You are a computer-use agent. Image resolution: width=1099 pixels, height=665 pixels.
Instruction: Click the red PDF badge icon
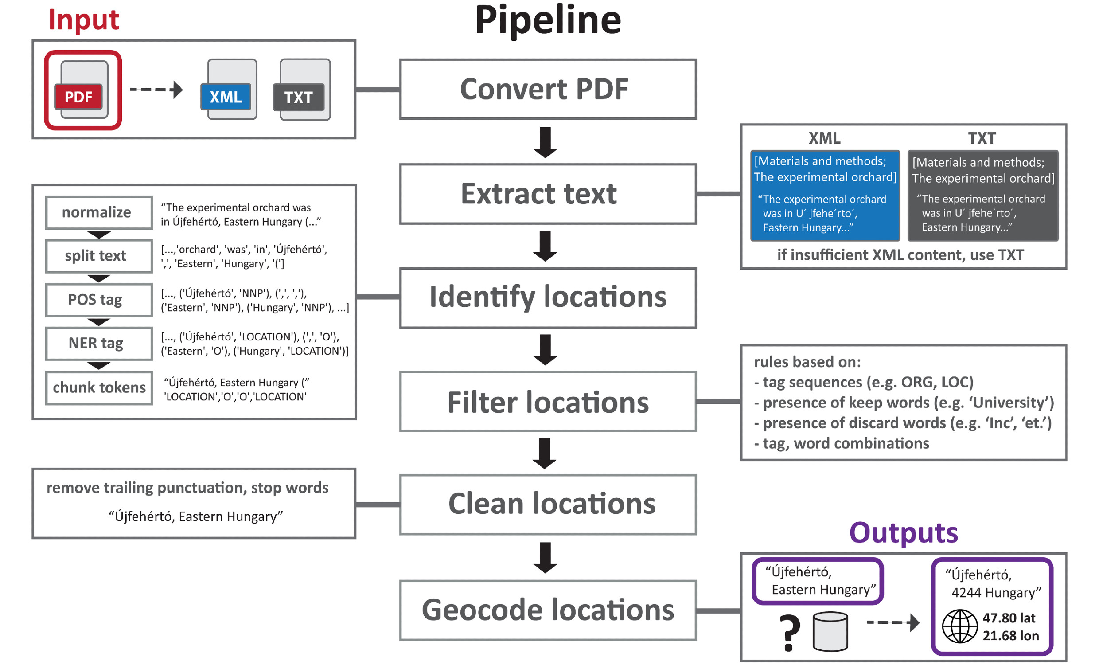pyautogui.click(x=79, y=96)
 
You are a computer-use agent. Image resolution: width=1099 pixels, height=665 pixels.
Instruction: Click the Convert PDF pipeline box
pyautogui.click(x=547, y=89)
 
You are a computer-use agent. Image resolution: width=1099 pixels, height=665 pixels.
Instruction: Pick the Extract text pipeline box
pyautogui.click(x=547, y=194)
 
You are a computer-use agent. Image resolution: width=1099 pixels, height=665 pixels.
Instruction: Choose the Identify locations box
pyautogui.click(x=547, y=297)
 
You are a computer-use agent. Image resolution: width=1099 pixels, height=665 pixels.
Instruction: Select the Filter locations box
pyautogui.click(x=547, y=402)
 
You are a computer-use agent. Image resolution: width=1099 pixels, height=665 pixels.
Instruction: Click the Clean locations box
pyautogui.click(x=547, y=505)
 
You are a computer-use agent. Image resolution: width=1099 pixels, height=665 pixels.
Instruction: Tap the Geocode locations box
pyautogui.click(x=547, y=610)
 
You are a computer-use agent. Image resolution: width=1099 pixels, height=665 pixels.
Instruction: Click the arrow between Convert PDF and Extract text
pyautogui.click(x=545, y=142)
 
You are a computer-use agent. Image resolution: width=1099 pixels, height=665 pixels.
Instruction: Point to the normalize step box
pyautogui.click(x=98, y=212)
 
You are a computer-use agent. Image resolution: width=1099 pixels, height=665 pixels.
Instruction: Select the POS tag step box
pyautogui.click(x=98, y=300)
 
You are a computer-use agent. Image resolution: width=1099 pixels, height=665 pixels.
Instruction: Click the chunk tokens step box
pyautogui.click(x=98, y=387)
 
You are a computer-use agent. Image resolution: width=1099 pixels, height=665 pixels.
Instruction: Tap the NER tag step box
pyautogui.click(x=98, y=343)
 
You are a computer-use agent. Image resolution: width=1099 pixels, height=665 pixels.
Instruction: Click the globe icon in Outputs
pyautogui.click(x=960, y=626)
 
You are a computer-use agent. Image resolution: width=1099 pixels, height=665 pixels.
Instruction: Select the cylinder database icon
pyautogui.click(x=830, y=631)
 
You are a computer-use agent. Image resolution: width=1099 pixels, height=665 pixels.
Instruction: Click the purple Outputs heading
pyautogui.click(x=903, y=532)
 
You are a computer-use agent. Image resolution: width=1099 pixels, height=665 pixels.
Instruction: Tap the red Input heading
pyautogui.click(x=83, y=20)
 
